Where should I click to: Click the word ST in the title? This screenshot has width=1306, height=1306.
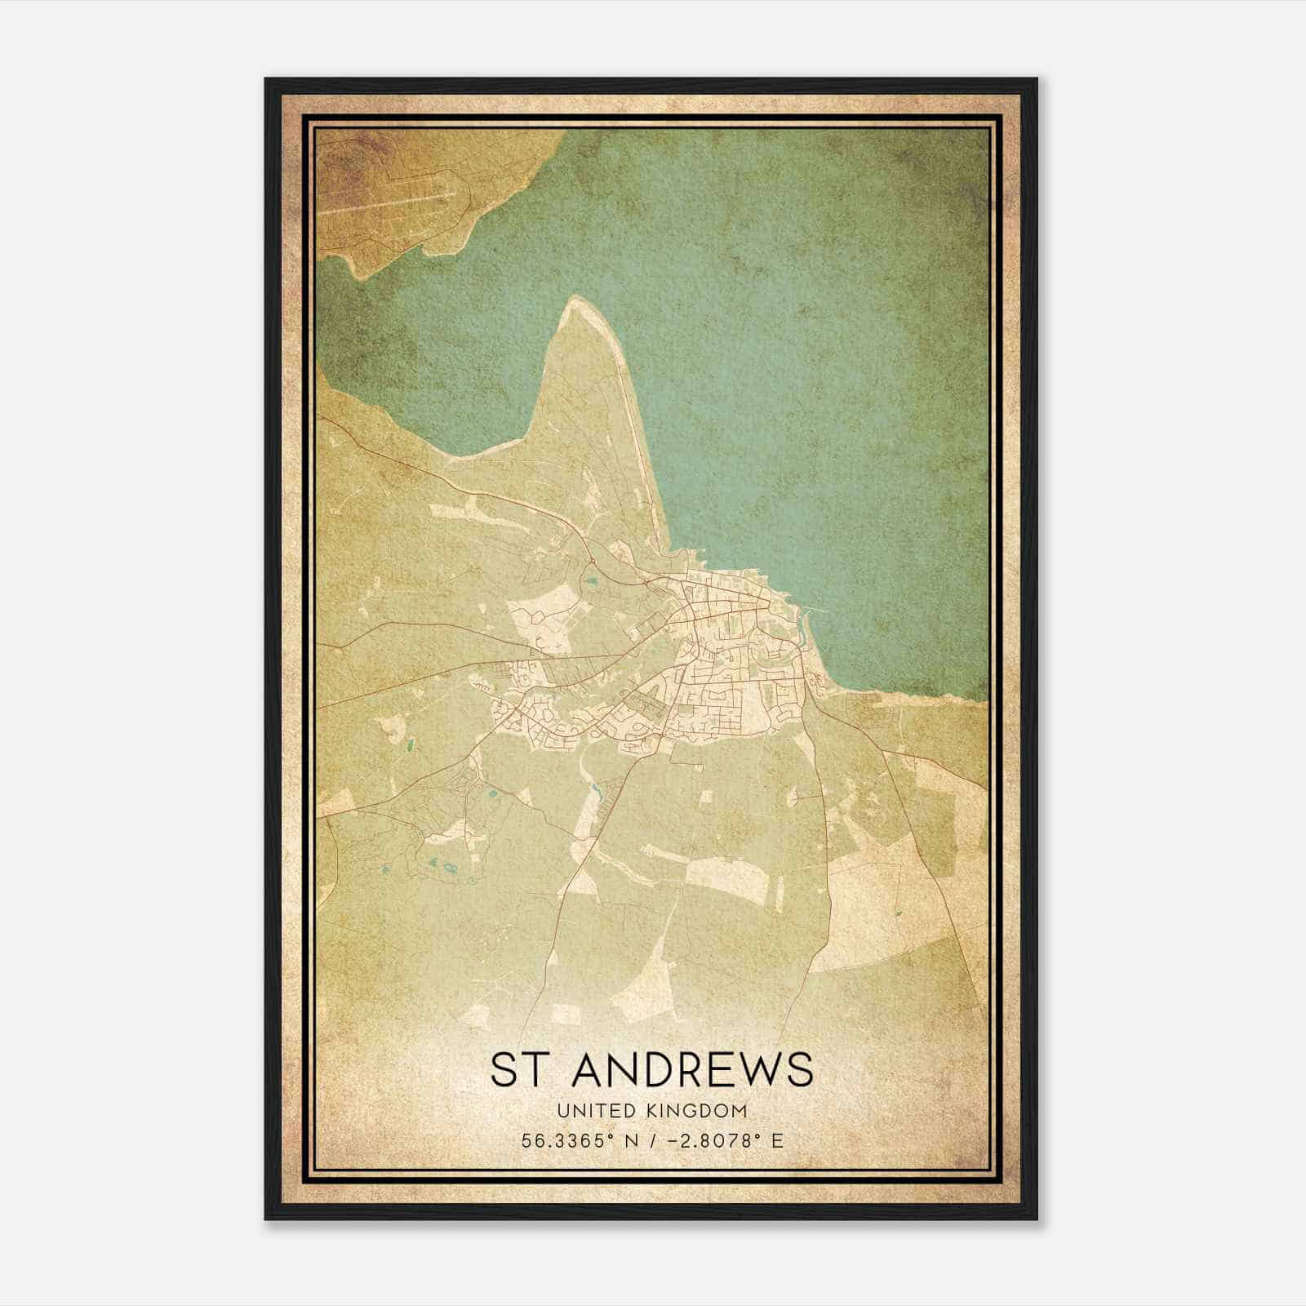pos(517,1070)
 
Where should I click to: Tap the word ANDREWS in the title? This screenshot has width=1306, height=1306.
pos(692,1070)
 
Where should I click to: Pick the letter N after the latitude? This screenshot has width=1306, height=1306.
pos(628,1140)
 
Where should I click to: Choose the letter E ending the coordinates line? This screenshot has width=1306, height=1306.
pos(776,1140)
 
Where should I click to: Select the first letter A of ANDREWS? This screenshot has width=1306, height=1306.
pos(588,1070)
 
